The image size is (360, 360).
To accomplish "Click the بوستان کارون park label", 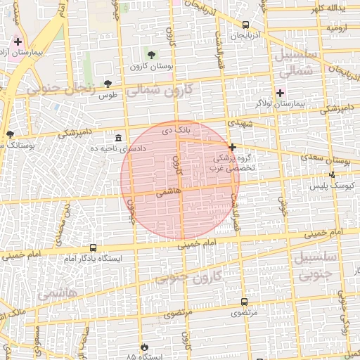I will (146, 67).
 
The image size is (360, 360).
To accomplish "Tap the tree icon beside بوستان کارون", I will (152, 54).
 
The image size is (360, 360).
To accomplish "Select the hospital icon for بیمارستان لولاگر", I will (280, 93).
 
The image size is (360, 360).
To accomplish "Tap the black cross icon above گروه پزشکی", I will (232, 147).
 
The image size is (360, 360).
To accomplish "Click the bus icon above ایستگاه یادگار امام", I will (93, 247).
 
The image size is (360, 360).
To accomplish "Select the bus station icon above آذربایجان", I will (245, 25).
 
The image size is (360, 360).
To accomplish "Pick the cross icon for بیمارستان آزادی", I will (18, 42).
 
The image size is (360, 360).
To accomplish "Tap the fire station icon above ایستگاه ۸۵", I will (144, 347).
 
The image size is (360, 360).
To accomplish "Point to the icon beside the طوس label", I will (108, 83).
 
